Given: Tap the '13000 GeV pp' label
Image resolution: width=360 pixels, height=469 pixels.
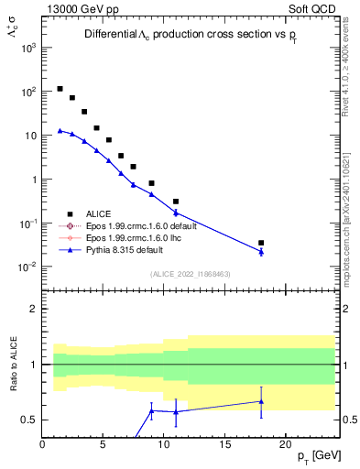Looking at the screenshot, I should (x=75, y=7).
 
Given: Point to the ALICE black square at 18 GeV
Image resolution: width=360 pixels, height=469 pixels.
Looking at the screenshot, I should (x=261, y=243).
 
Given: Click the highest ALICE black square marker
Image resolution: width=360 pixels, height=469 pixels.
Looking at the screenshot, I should (x=60, y=89).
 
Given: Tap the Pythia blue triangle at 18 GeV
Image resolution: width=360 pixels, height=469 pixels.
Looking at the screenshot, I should (x=261, y=252).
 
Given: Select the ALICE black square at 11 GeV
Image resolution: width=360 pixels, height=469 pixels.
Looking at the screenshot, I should (x=176, y=201).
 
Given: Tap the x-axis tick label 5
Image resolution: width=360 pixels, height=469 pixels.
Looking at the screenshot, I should (x=104, y=444).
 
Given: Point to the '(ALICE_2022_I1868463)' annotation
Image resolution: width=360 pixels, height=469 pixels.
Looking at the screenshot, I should (x=191, y=273).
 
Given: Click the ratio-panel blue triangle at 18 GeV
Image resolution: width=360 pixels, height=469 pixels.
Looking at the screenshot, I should (x=261, y=401).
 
